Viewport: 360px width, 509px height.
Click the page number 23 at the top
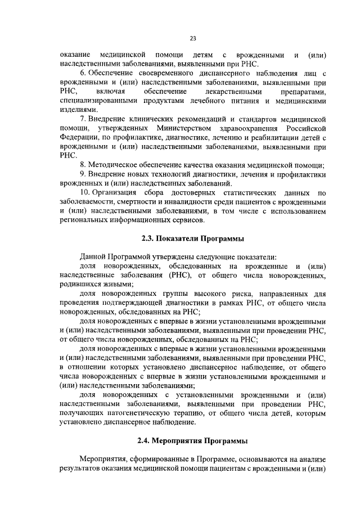(x=192, y=38)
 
